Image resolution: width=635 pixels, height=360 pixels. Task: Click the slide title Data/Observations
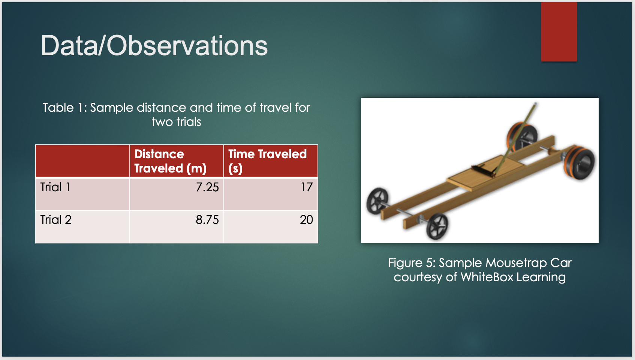tap(154, 46)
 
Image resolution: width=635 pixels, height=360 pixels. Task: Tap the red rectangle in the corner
tap(559, 32)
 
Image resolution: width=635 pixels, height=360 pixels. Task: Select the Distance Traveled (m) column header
tap(171, 161)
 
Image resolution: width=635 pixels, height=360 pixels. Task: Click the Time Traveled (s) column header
tap(267, 161)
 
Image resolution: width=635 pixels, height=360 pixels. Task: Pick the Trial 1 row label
tap(55, 187)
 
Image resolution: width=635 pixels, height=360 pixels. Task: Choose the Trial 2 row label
tap(56, 220)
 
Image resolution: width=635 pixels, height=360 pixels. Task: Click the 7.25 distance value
tap(207, 187)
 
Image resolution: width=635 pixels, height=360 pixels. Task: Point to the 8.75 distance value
tap(207, 220)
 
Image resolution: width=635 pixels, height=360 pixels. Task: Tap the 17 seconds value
tap(307, 187)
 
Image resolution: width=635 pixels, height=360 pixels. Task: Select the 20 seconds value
tap(307, 220)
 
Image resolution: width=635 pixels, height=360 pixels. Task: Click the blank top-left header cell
tap(82, 161)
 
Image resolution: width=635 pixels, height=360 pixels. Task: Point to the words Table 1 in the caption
tap(64, 108)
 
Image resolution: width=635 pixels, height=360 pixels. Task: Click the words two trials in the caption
tap(176, 122)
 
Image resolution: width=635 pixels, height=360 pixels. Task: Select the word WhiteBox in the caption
tap(487, 277)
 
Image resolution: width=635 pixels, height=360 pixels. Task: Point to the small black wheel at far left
tap(377, 201)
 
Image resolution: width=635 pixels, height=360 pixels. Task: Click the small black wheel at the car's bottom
tap(437, 226)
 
